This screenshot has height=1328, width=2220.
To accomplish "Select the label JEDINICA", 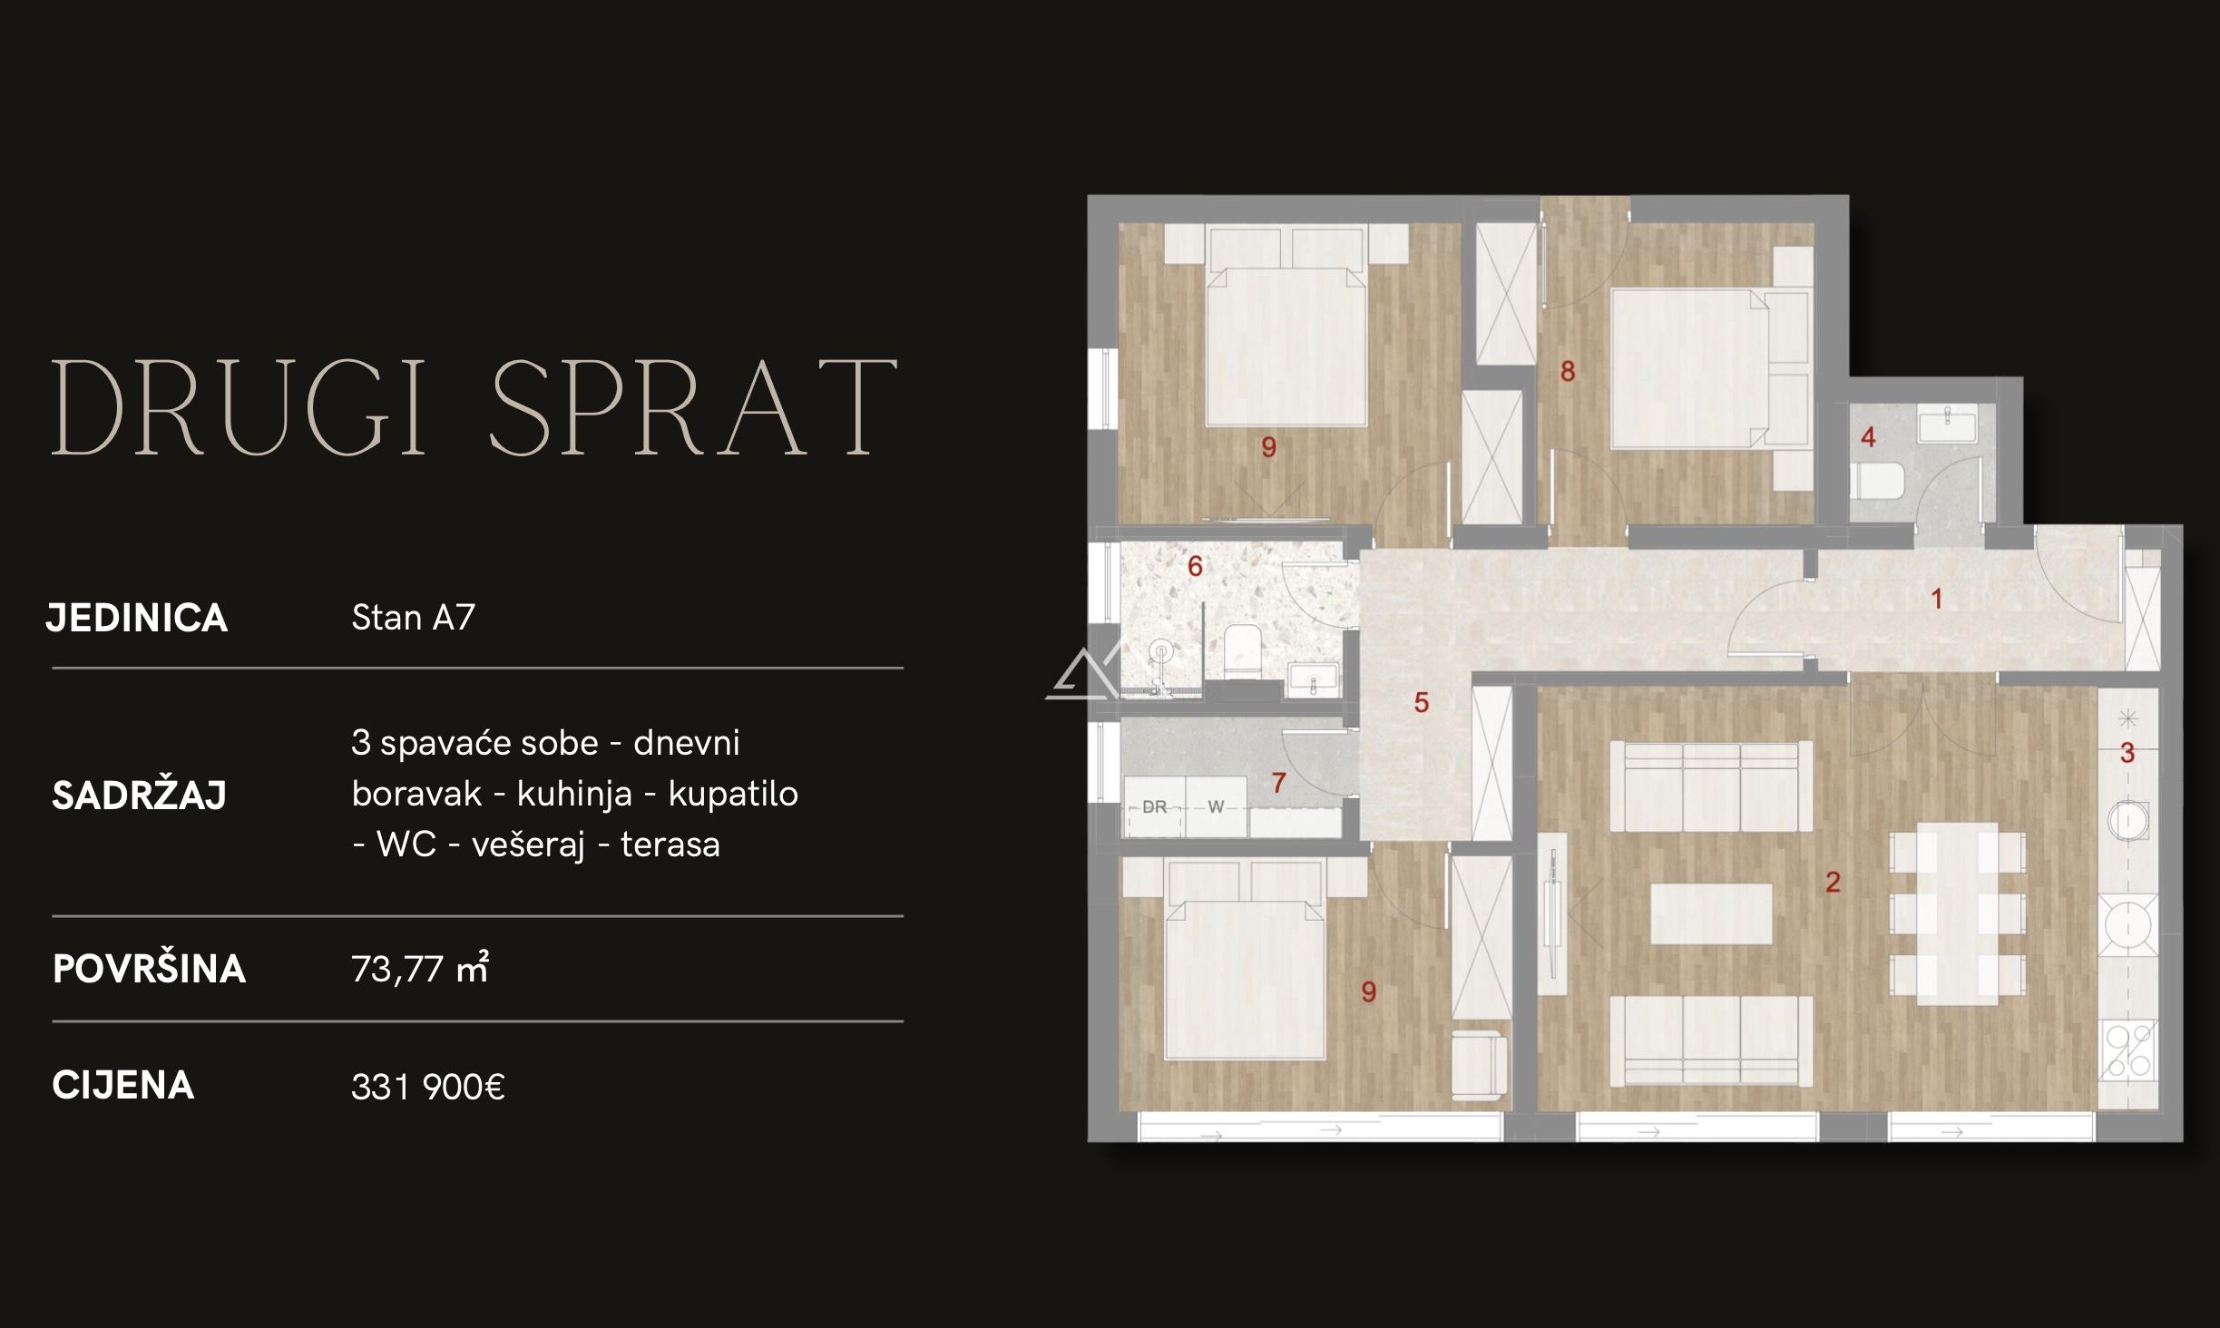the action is (137, 618).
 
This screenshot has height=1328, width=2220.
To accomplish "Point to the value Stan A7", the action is (414, 618).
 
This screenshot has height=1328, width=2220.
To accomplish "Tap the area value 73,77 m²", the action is (420, 969).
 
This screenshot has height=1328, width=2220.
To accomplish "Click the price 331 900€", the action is (428, 1087).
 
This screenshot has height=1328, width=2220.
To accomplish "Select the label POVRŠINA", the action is (150, 969).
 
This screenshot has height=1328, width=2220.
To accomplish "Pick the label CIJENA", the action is (123, 1086).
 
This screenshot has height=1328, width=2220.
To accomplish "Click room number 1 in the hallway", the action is (1937, 599).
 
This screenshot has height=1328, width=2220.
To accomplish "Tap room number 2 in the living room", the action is (1833, 882).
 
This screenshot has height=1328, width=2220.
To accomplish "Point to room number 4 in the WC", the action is (1868, 437).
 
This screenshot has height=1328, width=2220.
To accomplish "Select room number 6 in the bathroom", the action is (1195, 566).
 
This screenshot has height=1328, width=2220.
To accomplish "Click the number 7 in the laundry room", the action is (1278, 782).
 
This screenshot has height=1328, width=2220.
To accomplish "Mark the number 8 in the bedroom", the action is (1568, 371).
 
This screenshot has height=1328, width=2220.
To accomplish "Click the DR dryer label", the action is (1154, 806).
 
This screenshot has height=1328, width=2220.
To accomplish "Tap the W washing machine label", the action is (1216, 806).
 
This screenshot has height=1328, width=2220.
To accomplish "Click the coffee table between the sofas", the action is (1711, 914).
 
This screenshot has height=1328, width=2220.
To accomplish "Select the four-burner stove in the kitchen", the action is (2128, 1050).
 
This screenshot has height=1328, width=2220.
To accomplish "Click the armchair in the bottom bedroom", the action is (1480, 1066).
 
